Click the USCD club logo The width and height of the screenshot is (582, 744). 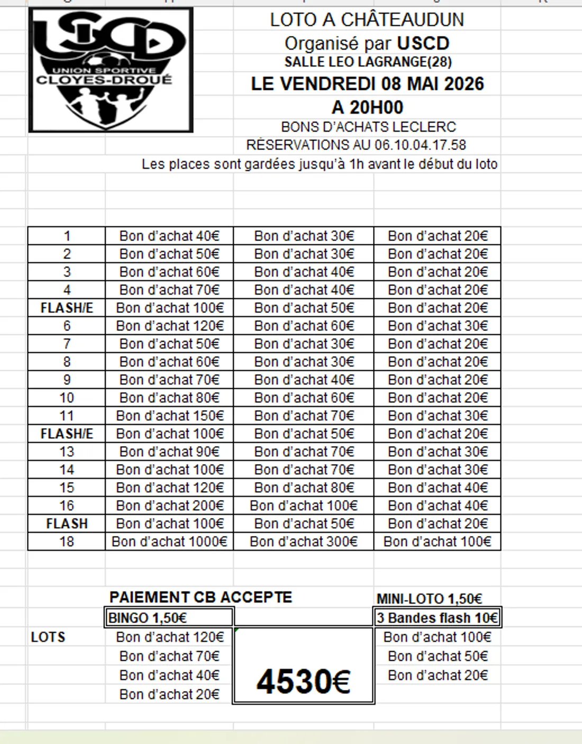tap(111, 70)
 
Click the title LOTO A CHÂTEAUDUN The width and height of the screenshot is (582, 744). tap(367, 20)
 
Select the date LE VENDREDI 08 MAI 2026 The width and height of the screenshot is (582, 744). tap(367, 84)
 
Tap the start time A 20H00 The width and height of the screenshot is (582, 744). tap(367, 107)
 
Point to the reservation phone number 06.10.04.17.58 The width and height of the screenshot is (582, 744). tap(420, 145)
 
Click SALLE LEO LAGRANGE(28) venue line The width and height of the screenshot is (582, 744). tap(368, 62)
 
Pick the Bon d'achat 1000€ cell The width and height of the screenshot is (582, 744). tap(169, 541)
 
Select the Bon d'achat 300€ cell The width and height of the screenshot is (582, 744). tap(304, 541)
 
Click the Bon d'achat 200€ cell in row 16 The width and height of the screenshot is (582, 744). tap(169, 505)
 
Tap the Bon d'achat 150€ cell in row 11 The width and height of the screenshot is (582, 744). tap(169, 415)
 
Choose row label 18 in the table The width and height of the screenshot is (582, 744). tap(67, 541)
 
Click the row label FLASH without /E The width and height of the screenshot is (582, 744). tap(67, 523)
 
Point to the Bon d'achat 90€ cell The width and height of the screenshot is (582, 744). tap(169, 451)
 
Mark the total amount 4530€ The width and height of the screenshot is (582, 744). tap(303, 681)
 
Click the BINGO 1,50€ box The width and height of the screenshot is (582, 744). tap(169, 618)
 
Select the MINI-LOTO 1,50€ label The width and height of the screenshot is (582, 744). tap(429, 598)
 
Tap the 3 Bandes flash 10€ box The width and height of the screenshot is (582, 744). tap(437, 618)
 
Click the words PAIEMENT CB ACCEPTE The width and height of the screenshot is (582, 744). tap(201, 597)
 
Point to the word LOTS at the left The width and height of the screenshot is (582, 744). tap(48, 637)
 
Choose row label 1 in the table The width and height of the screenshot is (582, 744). tap(67, 236)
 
